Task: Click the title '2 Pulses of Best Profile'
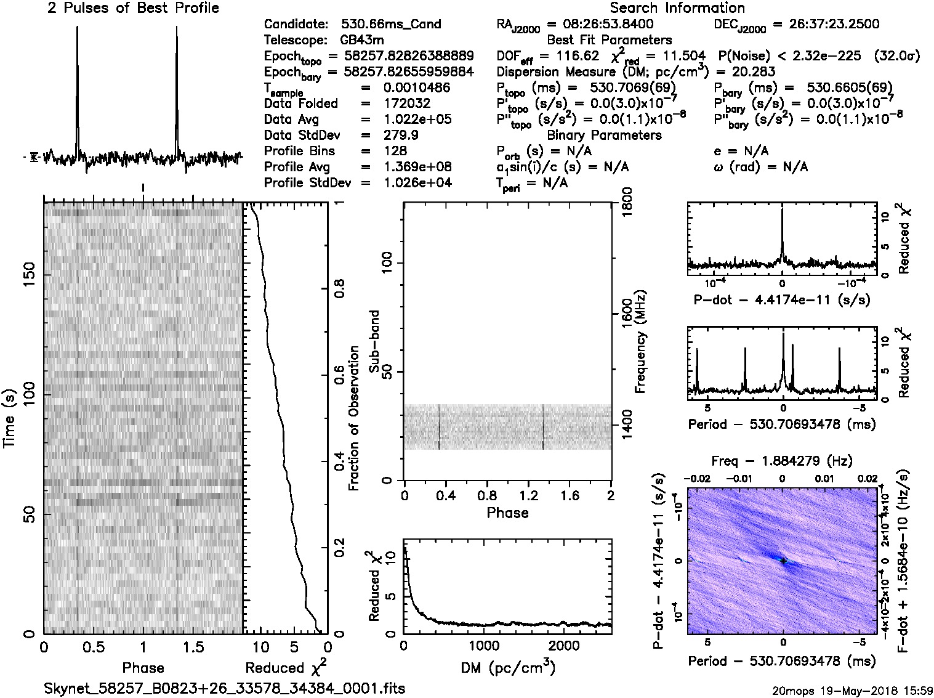(133, 8)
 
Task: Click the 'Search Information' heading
(677, 8)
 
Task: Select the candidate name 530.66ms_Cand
(391, 25)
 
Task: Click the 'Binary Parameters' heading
(604, 136)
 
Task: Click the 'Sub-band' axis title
(374, 341)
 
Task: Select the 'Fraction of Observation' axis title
(354, 418)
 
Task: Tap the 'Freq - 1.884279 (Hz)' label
(781, 461)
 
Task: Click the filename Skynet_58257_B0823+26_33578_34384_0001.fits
(225, 688)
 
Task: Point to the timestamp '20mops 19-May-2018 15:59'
(852, 690)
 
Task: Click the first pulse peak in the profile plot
(77, 28)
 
